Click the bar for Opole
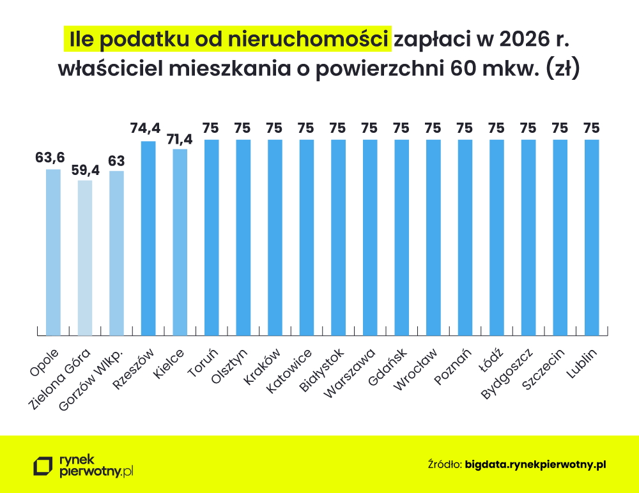point(53,252)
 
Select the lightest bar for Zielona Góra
point(85,258)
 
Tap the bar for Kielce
point(180,243)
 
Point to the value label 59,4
point(85,169)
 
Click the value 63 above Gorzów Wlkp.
point(116,160)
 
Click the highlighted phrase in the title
point(228,38)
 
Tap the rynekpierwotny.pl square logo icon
point(43,466)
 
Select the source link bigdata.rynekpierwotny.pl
point(535,464)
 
